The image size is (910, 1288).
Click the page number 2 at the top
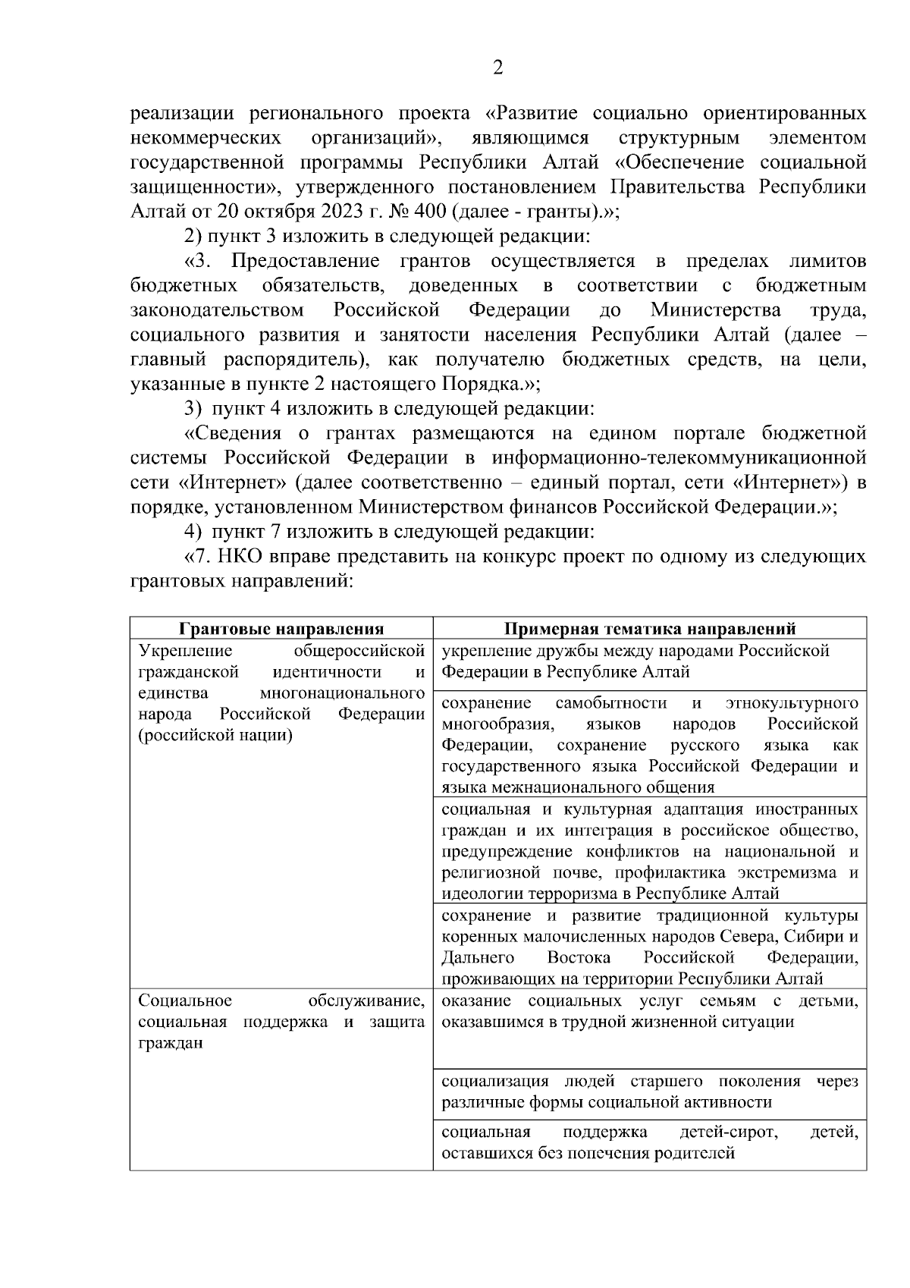(497, 68)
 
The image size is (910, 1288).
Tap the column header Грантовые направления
(281, 629)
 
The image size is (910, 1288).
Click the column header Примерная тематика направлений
(650, 629)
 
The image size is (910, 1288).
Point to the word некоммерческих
(206, 138)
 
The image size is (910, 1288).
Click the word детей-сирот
(729, 1132)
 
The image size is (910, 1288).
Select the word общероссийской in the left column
(359, 651)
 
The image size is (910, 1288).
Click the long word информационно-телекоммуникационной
(679, 458)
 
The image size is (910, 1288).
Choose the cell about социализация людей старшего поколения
(650, 1092)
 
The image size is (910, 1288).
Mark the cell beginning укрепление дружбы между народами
(650, 661)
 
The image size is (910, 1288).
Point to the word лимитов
(827, 262)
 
